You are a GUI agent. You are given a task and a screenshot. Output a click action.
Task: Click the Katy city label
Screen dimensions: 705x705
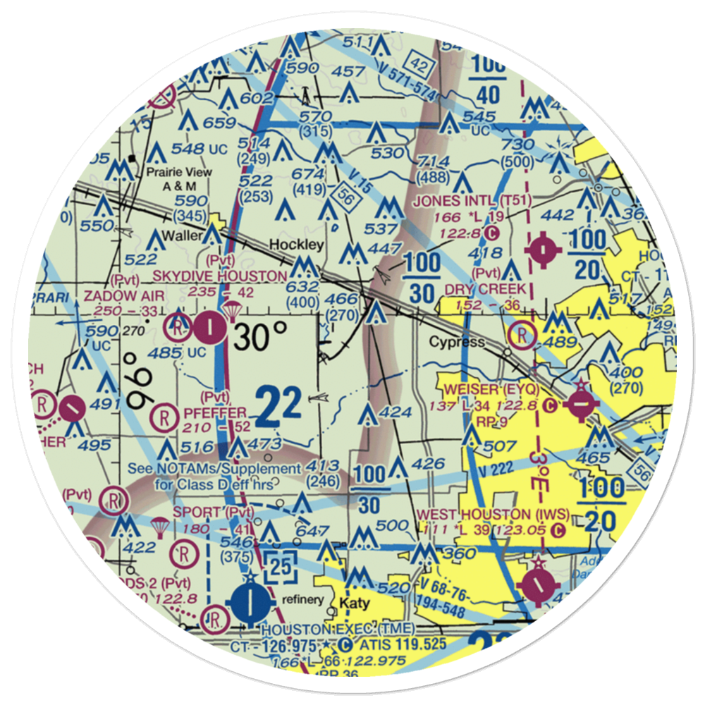[x=354, y=603]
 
